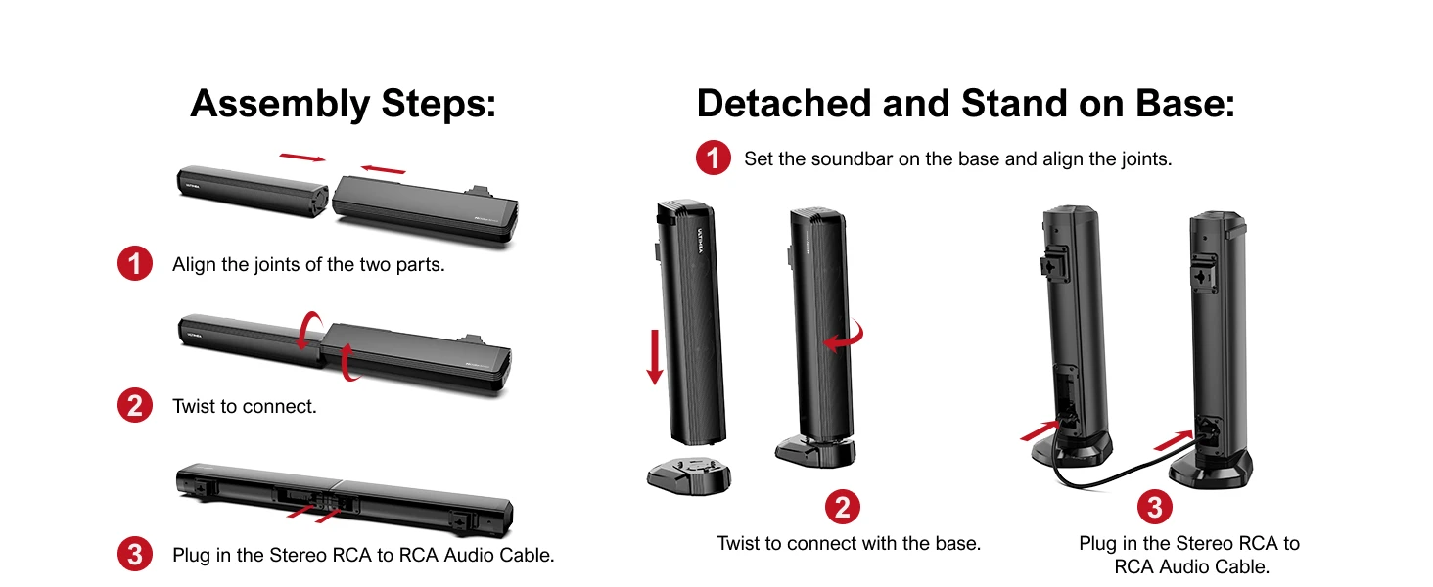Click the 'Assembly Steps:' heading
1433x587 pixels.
[x=343, y=105]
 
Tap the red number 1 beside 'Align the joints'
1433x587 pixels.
[x=135, y=263]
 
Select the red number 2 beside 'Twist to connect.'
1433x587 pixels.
[x=135, y=405]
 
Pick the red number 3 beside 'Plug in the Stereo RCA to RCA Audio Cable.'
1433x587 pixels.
[x=135, y=554]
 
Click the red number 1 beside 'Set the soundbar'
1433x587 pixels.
[x=714, y=158]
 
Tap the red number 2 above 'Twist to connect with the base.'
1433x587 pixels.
[x=843, y=507]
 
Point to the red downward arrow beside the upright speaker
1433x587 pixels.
[x=655, y=357]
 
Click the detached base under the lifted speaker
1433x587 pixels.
[x=689, y=476]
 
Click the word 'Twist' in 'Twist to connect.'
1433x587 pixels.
[x=194, y=406]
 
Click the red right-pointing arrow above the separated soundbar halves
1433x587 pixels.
[x=302, y=158]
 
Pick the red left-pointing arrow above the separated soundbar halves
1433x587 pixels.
[x=383, y=169]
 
